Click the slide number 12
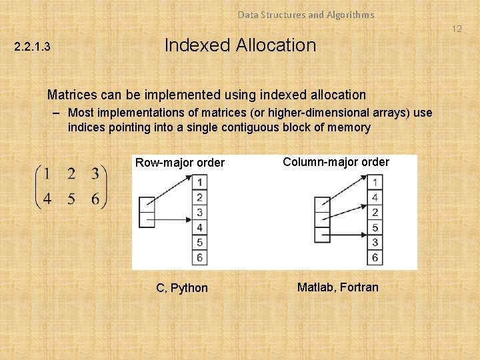pos(457,29)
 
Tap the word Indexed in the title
pos(193,45)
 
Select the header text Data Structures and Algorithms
pos(306,14)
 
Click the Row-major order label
pos(180,163)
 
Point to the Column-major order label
pos(336,161)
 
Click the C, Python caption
pos(182,288)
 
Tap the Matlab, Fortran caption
pos(337,287)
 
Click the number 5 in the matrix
pos(71,199)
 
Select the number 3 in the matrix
pos(95,175)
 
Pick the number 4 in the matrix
pos(47,199)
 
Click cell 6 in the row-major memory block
pos(199,257)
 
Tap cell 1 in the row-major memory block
pos(199,182)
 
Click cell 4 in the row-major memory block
pos(199,227)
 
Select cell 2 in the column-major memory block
pos(375,213)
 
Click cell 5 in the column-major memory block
pos(375,227)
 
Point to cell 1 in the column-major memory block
pos(375,182)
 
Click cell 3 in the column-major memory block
pos(375,243)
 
